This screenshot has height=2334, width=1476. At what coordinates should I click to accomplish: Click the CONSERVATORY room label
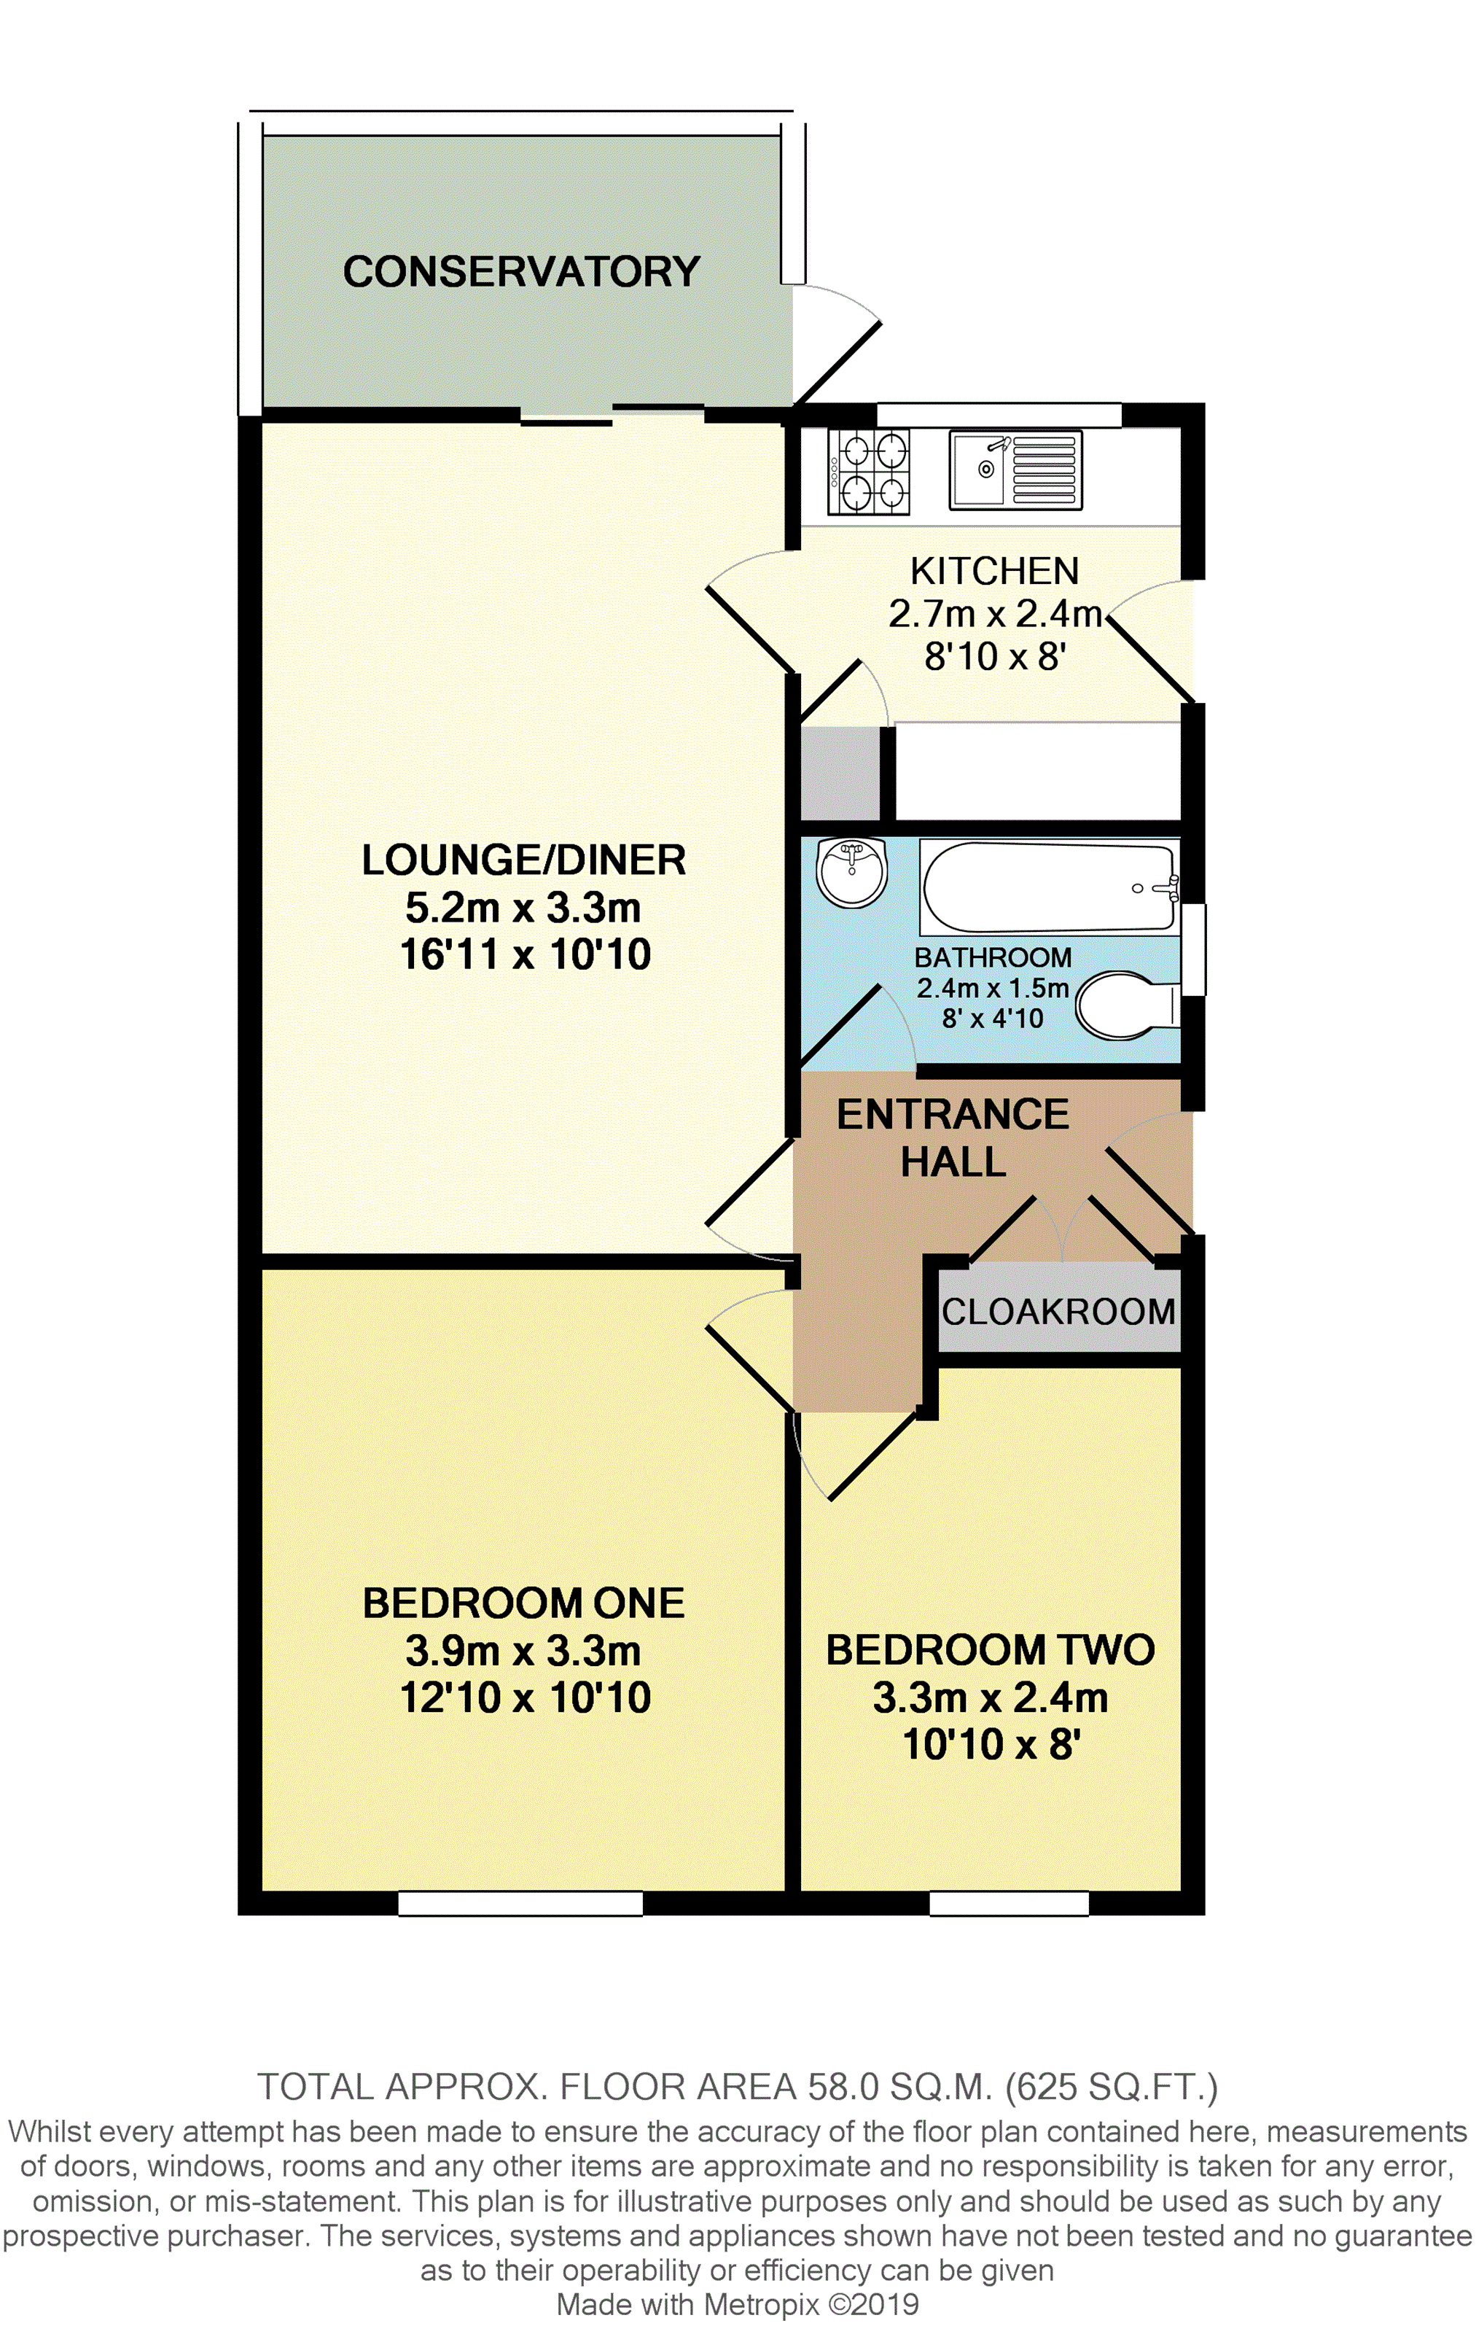(x=521, y=271)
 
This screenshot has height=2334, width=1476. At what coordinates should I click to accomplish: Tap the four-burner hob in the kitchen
(x=868, y=472)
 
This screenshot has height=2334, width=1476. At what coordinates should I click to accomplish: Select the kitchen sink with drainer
(x=1015, y=470)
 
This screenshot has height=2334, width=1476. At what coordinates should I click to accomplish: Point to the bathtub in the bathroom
(x=1050, y=887)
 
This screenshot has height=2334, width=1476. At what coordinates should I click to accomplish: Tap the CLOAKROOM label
(x=1058, y=1312)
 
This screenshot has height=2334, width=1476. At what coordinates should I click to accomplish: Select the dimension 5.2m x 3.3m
(x=523, y=909)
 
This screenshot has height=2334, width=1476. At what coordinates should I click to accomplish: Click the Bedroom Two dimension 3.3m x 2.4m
(x=991, y=1697)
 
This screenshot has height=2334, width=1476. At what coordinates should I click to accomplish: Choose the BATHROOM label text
(x=993, y=957)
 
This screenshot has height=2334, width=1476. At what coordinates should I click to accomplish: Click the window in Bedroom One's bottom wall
(x=520, y=1904)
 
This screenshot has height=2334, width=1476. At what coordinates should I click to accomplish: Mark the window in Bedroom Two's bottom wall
(x=1009, y=1904)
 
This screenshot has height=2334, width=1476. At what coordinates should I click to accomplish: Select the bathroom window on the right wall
(x=1193, y=950)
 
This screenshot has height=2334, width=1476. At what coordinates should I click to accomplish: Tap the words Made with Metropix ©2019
(x=738, y=2305)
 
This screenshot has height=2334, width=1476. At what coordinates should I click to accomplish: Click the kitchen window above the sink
(x=999, y=415)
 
